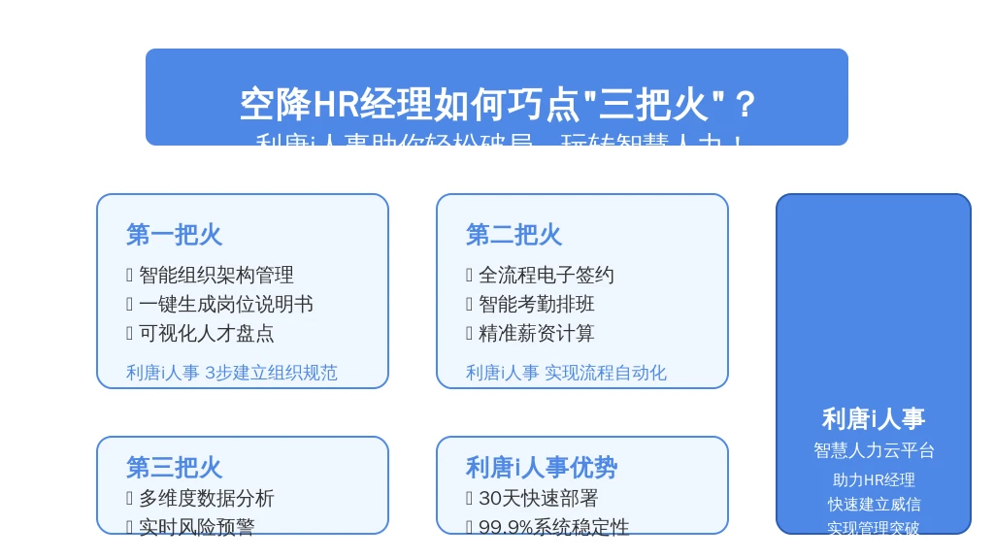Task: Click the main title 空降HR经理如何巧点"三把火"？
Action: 497,105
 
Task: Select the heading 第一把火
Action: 174,235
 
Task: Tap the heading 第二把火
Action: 514,235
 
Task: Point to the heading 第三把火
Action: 174,468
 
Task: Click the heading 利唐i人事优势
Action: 542,468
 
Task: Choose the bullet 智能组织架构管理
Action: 215,276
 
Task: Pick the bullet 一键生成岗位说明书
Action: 225,305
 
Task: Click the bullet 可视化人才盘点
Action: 206,334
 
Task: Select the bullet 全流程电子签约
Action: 546,276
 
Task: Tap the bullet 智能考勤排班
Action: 536,305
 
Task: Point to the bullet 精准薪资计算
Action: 536,334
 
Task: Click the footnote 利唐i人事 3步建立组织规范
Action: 232,373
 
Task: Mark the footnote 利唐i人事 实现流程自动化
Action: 566,373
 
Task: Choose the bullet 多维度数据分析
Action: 206,499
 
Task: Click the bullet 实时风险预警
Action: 196,527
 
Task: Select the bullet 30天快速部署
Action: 538,499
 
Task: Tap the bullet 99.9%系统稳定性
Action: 553,527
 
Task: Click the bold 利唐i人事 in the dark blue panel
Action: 874,419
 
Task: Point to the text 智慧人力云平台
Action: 874,450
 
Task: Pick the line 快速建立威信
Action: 874,505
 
